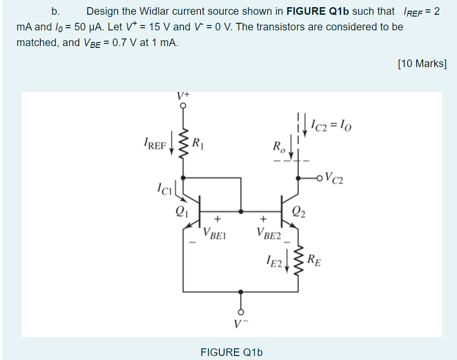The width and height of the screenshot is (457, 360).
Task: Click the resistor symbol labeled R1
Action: click(183, 144)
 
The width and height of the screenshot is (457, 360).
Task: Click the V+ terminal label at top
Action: click(183, 95)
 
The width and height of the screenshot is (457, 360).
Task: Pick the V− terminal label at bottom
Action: click(241, 323)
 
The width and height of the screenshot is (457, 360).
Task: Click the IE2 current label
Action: click(273, 260)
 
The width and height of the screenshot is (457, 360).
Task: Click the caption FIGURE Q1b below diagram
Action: click(231, 352)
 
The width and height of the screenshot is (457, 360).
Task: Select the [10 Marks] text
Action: click(422, 64)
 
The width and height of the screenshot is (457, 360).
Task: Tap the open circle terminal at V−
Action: click(241, 312)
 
